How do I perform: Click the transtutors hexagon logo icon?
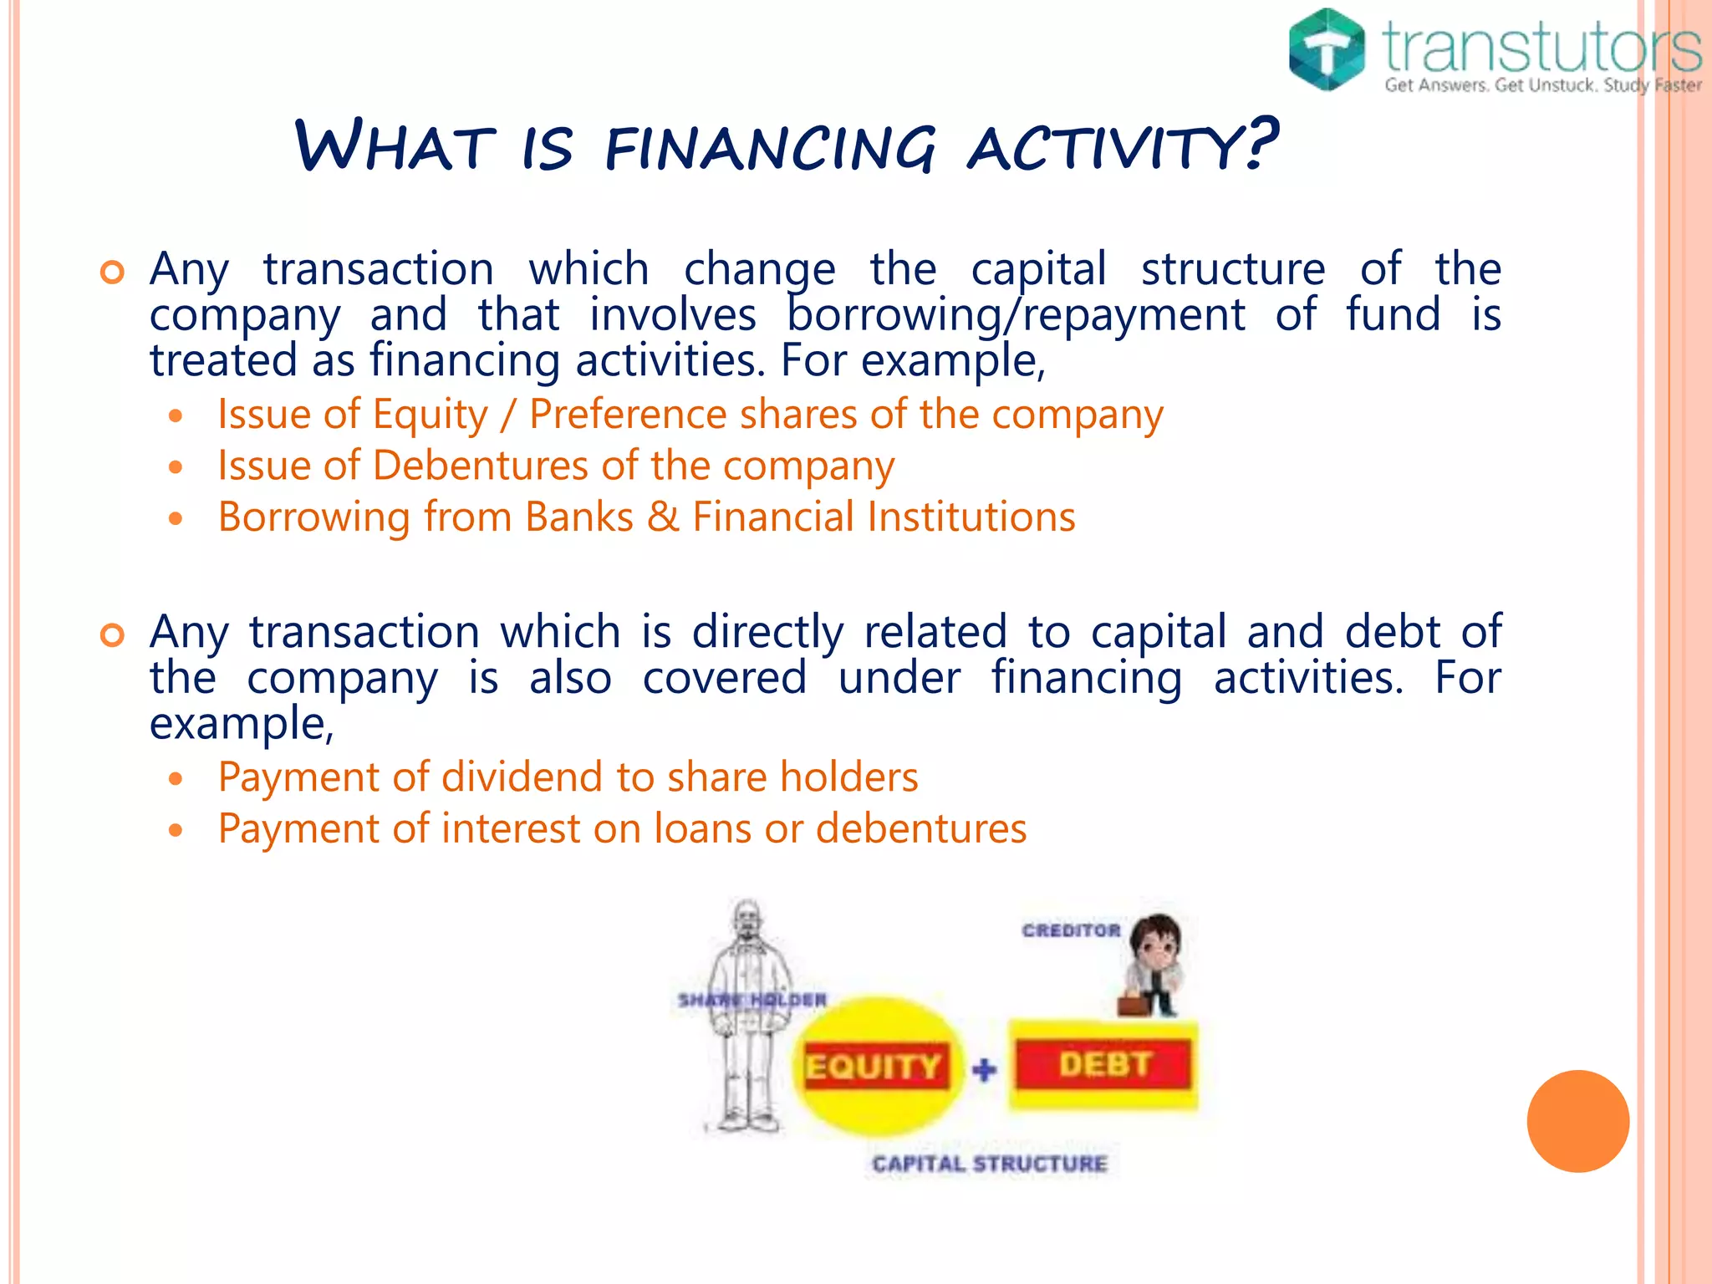click(x=1327, y=50)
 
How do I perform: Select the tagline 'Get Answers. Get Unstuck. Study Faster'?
click(x=1542, y=85)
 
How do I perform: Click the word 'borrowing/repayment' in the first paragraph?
click(x=1016, y=316)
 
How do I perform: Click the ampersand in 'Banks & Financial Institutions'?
click(x=663, y=517)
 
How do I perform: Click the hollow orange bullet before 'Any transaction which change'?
click(x=112, y=272)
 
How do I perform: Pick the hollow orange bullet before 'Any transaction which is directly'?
click(x=112, y=634)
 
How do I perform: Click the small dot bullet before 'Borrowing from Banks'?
click(x=175, y=518)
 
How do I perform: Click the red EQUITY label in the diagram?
click(x=874, y=1067)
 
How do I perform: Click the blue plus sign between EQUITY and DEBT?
click(x=985, y=1069)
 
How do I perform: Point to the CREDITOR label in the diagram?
click(x=1071, y=930)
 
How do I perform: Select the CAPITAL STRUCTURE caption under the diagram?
click(x=989, y=1164)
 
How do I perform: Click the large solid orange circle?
click(x=1577, y=1121)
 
